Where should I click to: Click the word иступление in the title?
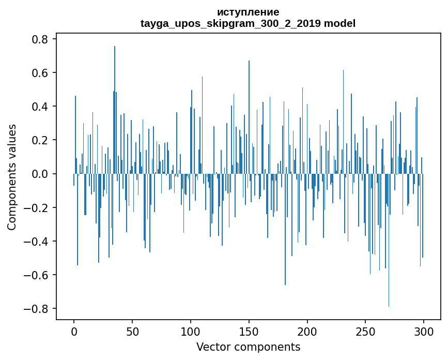click(x=248, y=12)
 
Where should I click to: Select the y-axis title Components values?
click(x=12, y=177)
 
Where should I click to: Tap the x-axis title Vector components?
click(x=248, y=347)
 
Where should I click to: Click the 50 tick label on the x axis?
click(x=132, y=332)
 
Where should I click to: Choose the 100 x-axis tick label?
click(x=191, y=332)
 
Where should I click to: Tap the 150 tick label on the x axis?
click(x=249, y=332)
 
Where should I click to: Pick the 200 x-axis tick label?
click(x=307, y=332)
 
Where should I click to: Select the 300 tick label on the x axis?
click(x=424, y=332)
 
